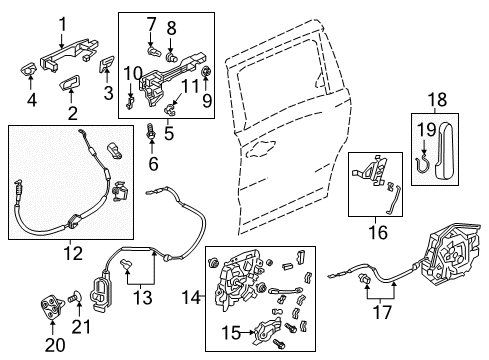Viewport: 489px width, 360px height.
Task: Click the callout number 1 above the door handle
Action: (x=62, y=24)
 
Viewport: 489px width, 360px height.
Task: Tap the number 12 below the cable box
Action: (x=73, y=254)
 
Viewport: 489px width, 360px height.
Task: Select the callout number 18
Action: (x=437, y=100)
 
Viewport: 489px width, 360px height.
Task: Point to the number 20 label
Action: (x=55, y=345)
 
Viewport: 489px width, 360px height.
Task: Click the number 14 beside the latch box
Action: (x=191, y=297)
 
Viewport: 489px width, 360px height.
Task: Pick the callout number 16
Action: (x=378, y=232)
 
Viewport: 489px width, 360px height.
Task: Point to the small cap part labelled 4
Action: (x=27, y=69)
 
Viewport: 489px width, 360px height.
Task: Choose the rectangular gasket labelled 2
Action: (x=70, y=82)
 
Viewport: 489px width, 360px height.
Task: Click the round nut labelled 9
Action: (x=207, y=71)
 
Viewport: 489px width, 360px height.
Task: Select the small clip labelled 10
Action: (x=130, y=102)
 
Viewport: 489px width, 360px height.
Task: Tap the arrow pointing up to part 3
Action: (x=107, y=75)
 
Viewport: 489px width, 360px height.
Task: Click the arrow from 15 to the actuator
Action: (x=247, y=332)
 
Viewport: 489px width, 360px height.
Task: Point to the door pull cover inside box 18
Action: (x=445, y=149)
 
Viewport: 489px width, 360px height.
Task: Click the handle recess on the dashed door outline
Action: (x=261, y=147)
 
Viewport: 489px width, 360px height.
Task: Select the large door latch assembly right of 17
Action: (x=450, y=255)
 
